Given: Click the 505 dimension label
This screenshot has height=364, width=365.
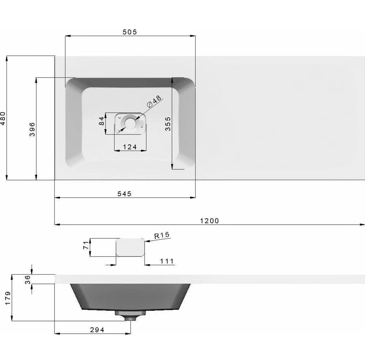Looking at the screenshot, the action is click(130, 32).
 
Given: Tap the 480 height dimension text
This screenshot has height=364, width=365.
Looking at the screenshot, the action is click(3, 118).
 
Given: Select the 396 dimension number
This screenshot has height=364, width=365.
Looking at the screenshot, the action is click(32, 129).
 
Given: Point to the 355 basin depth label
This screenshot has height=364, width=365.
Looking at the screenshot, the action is click(168, 124).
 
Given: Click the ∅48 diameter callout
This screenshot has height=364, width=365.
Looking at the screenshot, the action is click(154, 101).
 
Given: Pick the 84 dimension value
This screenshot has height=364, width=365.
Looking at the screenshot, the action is click(102, 121).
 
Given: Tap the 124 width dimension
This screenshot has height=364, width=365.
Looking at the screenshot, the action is click(130, 147).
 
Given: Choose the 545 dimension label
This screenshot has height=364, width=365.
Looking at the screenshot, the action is click(124, 194).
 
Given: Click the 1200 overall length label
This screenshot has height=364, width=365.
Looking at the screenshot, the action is click(210, 221).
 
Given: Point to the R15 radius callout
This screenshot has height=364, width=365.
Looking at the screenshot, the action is click(162, 235).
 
